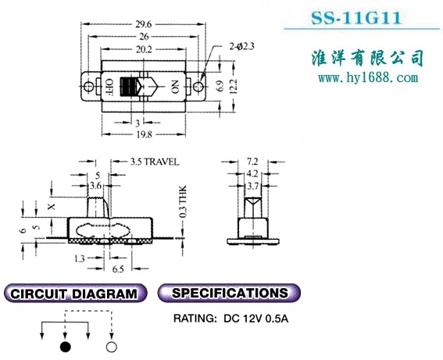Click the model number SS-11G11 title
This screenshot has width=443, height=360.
(356, 17)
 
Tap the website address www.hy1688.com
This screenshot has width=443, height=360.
(368, 77)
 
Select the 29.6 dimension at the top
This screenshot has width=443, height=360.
(144, 24)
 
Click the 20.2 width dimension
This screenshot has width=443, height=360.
(144, 49)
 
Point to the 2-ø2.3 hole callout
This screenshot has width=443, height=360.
(242, 46)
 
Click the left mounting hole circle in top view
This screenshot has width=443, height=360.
(89, 86)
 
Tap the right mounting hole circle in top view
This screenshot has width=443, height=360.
(198, 86)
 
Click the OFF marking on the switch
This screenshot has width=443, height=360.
(109, 86)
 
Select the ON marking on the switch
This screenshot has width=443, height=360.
(175, 87)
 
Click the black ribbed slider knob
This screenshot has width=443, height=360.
(129, 87)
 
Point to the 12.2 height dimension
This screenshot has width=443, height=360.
(234, 86)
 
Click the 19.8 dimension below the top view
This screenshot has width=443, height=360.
(144, 134)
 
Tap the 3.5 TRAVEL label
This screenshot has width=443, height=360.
(155, 162)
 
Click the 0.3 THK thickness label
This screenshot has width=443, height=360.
(183, 201)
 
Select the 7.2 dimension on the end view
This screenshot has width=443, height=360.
(252, 161)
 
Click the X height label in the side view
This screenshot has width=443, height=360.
(51, 207)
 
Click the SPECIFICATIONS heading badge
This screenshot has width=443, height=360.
(229, 293)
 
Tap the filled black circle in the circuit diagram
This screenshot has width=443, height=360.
(66, 347)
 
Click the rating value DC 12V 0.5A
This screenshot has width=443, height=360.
(256, 319)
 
